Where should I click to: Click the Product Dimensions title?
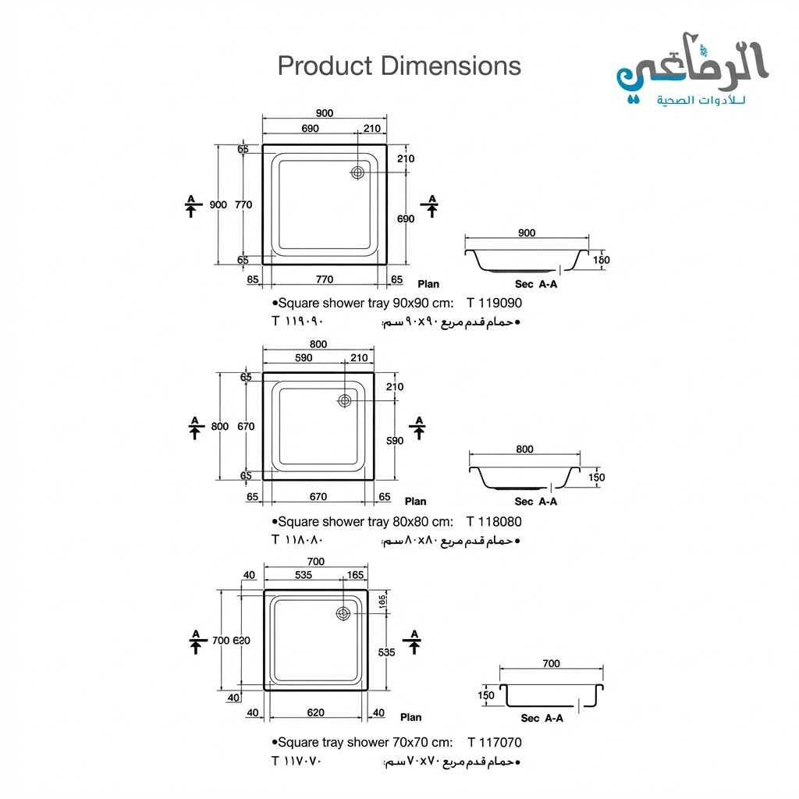pos(399,66)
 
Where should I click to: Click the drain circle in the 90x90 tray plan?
pos(359,172)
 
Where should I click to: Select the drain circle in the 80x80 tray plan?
pos(345,400)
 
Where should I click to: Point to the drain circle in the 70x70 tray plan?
pos(343,614)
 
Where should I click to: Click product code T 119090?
pos(494,304)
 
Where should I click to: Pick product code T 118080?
pos(494,522)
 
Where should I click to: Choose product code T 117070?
pos(495,743)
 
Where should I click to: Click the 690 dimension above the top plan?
pos(309,129)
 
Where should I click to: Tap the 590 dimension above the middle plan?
pos(304,358)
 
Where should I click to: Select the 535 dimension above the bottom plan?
pos(304,575)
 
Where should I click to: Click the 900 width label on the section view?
pos(527,233)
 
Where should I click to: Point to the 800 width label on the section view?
pos(524,449)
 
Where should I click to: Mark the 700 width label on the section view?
pos(550,664)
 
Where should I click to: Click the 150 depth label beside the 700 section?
pos(486,694)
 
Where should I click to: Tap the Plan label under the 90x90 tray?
pos(428,284)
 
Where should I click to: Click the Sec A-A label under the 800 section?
pos(536,502)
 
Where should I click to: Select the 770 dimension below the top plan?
pos(325,279)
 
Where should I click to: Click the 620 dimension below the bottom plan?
pos(316,712)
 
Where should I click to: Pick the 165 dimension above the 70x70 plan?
pos(355,575)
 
